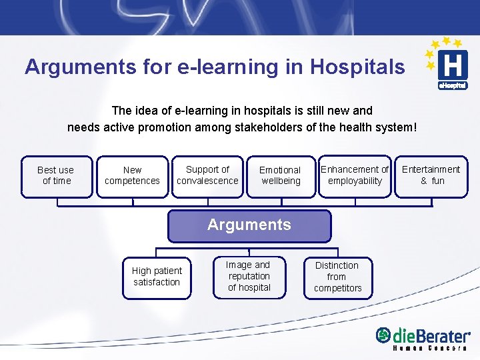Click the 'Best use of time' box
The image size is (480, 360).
point(56,176)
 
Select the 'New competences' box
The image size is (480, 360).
point(132,176)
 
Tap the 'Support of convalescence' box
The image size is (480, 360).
point(207,176)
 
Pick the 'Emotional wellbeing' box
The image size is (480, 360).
point(280,176)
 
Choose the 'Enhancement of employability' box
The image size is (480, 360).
point(355,176)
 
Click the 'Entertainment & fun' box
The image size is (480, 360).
point(431,176)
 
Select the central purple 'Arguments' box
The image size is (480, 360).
point(249,225)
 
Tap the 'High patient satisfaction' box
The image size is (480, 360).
point(157,277)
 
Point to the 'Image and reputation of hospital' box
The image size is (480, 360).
point(249,277)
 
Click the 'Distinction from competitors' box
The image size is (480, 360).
point(337,277)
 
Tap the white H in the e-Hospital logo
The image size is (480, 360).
point(452,66)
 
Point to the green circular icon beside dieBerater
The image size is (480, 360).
point(383,335)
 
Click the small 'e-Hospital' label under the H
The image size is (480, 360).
point(452,85)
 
